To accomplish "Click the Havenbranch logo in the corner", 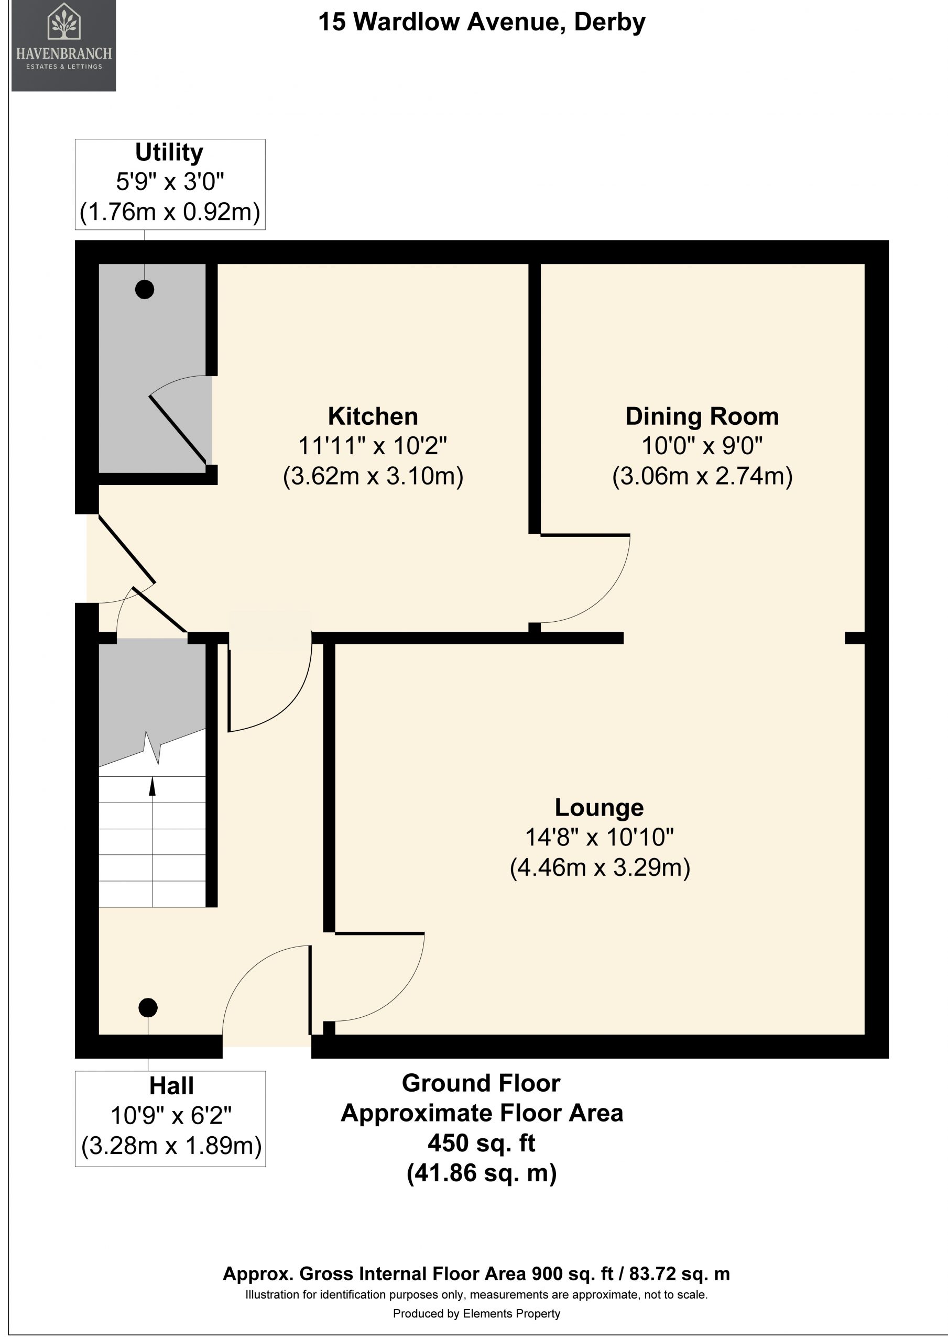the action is [x=64, y=46].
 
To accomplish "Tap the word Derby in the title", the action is [x=609, y=22].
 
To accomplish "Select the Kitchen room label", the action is [x=373, y=416].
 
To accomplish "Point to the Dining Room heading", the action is [x=702, y=416].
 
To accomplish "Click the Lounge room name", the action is [x=599, y=808].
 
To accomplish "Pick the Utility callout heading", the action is [x=169, y=152].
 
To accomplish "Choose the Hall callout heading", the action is [x=171, y=1086].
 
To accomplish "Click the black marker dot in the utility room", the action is [x=144, y=289].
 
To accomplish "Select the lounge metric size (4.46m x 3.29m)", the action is [x=600, y=868].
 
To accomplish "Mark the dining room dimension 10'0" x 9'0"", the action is [x=702, y=446].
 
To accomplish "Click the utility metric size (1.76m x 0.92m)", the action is [x=169, y=212].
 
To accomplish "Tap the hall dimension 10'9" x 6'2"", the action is [x=171, y=1116].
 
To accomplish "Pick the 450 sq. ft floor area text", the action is [x=482, y=1143].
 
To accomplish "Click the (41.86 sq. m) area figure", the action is [x=482, y=1173].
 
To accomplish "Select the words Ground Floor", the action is [x=481, y=1083].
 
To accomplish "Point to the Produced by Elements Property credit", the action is [x=476, y=1314].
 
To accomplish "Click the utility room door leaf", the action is [x=178, y=430].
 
